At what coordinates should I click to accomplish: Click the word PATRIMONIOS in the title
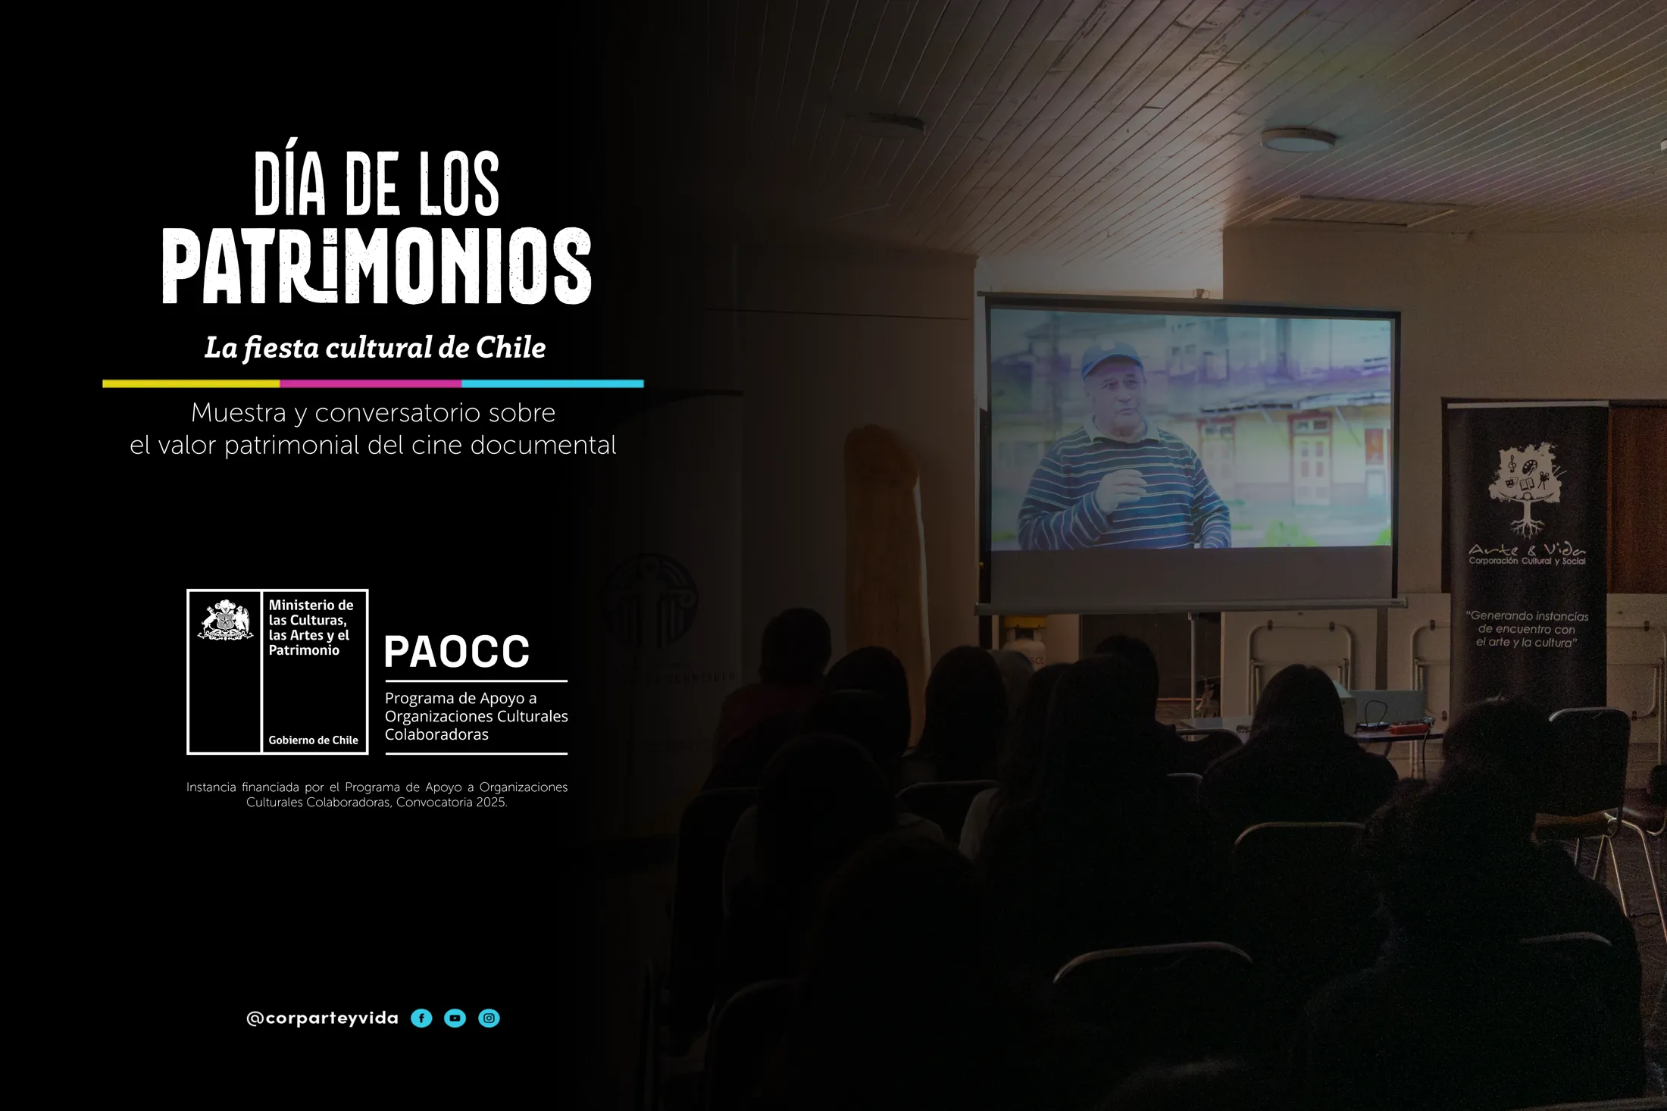(x=377, y=266)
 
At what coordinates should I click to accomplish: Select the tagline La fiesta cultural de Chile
(x=375, y=348)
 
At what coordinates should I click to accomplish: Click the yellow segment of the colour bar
(x=191, y=384)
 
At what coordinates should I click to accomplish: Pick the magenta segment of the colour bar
(x=371, y=384)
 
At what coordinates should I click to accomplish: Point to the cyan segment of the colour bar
(x=552, y=384)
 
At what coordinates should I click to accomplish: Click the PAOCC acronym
(x=456, y=652)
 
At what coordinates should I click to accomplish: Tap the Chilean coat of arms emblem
(x=225, y=621)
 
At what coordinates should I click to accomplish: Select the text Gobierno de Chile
(x=313, y=740)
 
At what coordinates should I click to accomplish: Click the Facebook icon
(x=421, y=1019)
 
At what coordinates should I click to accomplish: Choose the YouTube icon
(x=455, y=1019)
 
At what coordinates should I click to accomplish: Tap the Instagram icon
(x=489, y=1019)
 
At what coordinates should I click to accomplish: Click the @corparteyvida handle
(x=322, y=1019)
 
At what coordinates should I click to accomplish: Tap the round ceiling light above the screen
(x=1298, y=139)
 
